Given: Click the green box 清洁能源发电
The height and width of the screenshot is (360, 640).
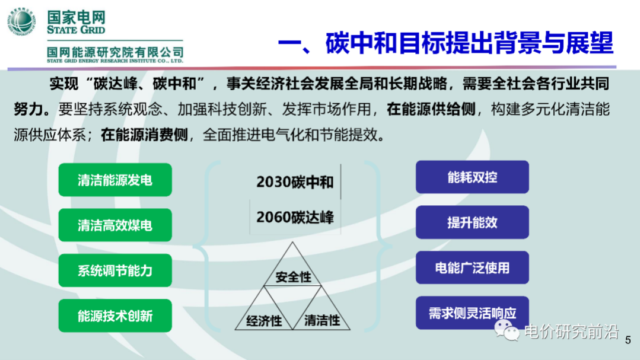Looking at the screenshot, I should [x=115, y=180].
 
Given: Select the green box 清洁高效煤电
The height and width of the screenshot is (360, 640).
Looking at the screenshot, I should [x=115, y=225].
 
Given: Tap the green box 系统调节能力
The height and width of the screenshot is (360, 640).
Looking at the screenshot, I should [x=115, y=270].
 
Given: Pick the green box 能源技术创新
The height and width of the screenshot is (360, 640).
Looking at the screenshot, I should [x=115, y=316].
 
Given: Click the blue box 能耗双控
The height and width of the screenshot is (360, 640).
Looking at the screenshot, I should [x=472, y=177].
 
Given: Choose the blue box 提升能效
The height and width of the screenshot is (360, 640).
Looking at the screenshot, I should [x=472, y=222].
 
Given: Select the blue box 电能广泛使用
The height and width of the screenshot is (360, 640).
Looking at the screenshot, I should [x=472, y=267].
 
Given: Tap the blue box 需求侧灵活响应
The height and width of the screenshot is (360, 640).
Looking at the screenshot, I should [x=472, y=313].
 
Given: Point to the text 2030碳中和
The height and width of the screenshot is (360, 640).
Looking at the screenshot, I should [x=295, y=182].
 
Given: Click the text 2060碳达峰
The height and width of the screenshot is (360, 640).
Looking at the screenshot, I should [x=295, y=217].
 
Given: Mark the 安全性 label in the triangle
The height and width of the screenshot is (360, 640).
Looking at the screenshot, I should [x=293, y=277].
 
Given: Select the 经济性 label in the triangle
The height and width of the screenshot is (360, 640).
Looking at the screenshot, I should [x=264, y=321].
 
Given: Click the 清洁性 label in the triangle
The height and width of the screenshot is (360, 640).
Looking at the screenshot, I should [x=322, y=321].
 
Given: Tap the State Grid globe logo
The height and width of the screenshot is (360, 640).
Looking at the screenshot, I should [x=22, y=22].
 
